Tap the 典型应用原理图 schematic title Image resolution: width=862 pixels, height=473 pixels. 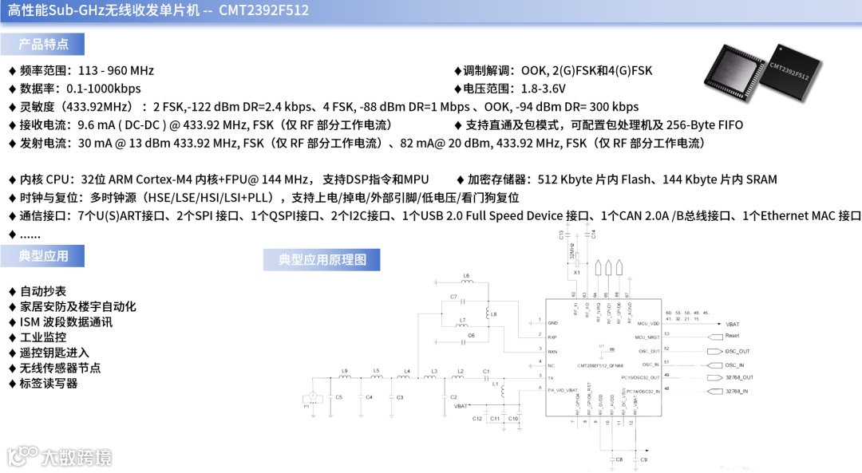[x=322, y=260]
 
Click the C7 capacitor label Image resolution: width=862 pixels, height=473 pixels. [x=453, y=297]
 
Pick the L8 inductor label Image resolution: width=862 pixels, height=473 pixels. [x=494, y=314]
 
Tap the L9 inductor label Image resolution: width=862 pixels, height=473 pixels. [x=345, y=370]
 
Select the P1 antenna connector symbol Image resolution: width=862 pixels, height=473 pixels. [x=312, y=398]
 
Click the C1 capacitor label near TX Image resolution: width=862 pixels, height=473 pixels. [x=486, y=371]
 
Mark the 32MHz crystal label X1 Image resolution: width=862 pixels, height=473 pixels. [x=576, y=272]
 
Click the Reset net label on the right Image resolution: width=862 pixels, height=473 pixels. [x=733, y=336]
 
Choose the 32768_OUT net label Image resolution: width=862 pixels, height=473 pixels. [x=738, y=377]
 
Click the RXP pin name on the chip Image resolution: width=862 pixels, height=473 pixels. [x=552, y=337]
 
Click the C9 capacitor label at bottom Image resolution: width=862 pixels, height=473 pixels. [x=643, y=460]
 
